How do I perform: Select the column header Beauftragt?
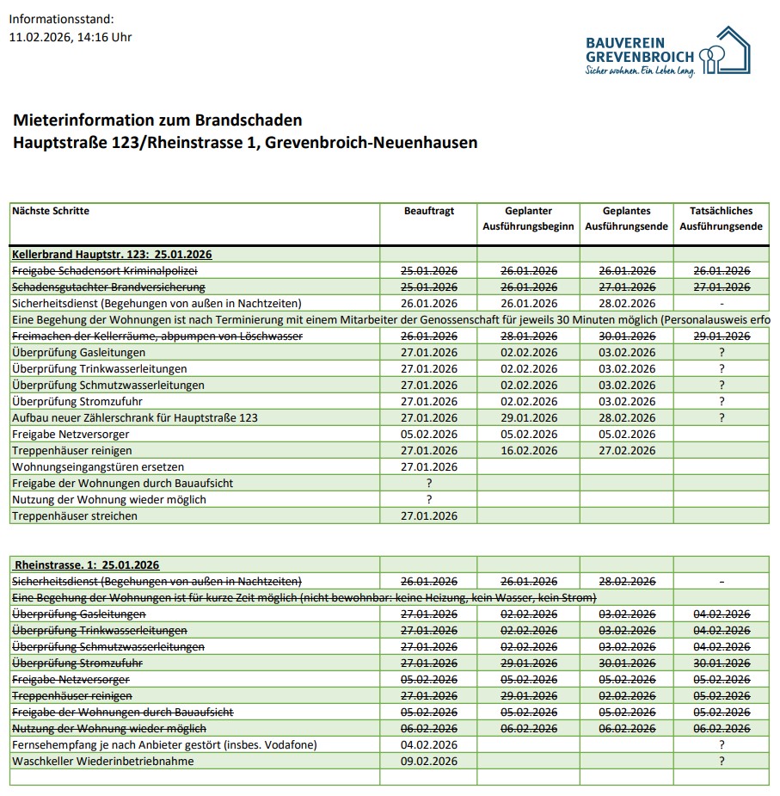(429, 211)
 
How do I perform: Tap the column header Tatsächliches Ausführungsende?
(721, 219)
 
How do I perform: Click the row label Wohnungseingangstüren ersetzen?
(98, 466)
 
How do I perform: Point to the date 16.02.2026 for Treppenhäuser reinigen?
(529, 450)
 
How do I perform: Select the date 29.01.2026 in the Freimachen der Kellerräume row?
(721, 336)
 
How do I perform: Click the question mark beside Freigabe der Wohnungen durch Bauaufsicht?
(429, 484)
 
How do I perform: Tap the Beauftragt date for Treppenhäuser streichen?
(429, 516)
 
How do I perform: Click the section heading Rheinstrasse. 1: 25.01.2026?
(87, 565)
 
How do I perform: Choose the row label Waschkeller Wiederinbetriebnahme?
(103, 762)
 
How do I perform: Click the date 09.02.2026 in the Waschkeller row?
(429, 762)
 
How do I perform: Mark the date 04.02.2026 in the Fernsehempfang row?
(429, 744)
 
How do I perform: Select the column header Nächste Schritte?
(51, 211)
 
